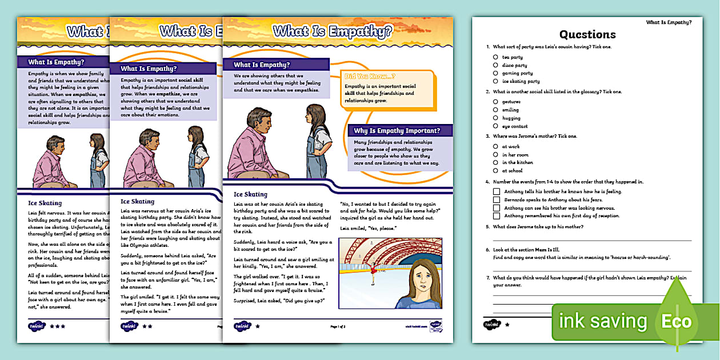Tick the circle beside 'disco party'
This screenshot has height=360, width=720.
[x=495, y=65]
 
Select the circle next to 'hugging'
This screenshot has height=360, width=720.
[x=495, y=118]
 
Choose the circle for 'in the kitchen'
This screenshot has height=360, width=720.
[x=495, y=162]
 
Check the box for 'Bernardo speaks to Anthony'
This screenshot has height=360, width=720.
[x=497, y=200]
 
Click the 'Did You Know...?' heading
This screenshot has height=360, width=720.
[x=369, y=76]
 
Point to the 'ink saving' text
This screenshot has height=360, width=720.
[x=603, y=321]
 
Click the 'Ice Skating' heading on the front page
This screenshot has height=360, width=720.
[x=250, y=194]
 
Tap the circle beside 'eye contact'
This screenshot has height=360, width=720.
[x=495, y=126]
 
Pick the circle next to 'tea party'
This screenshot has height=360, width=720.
[x=495, y=57]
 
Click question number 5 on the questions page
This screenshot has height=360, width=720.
[x=487, y=226]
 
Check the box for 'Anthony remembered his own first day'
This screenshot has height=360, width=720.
[x=497, y=216]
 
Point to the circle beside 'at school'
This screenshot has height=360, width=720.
[x=495, y=170]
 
